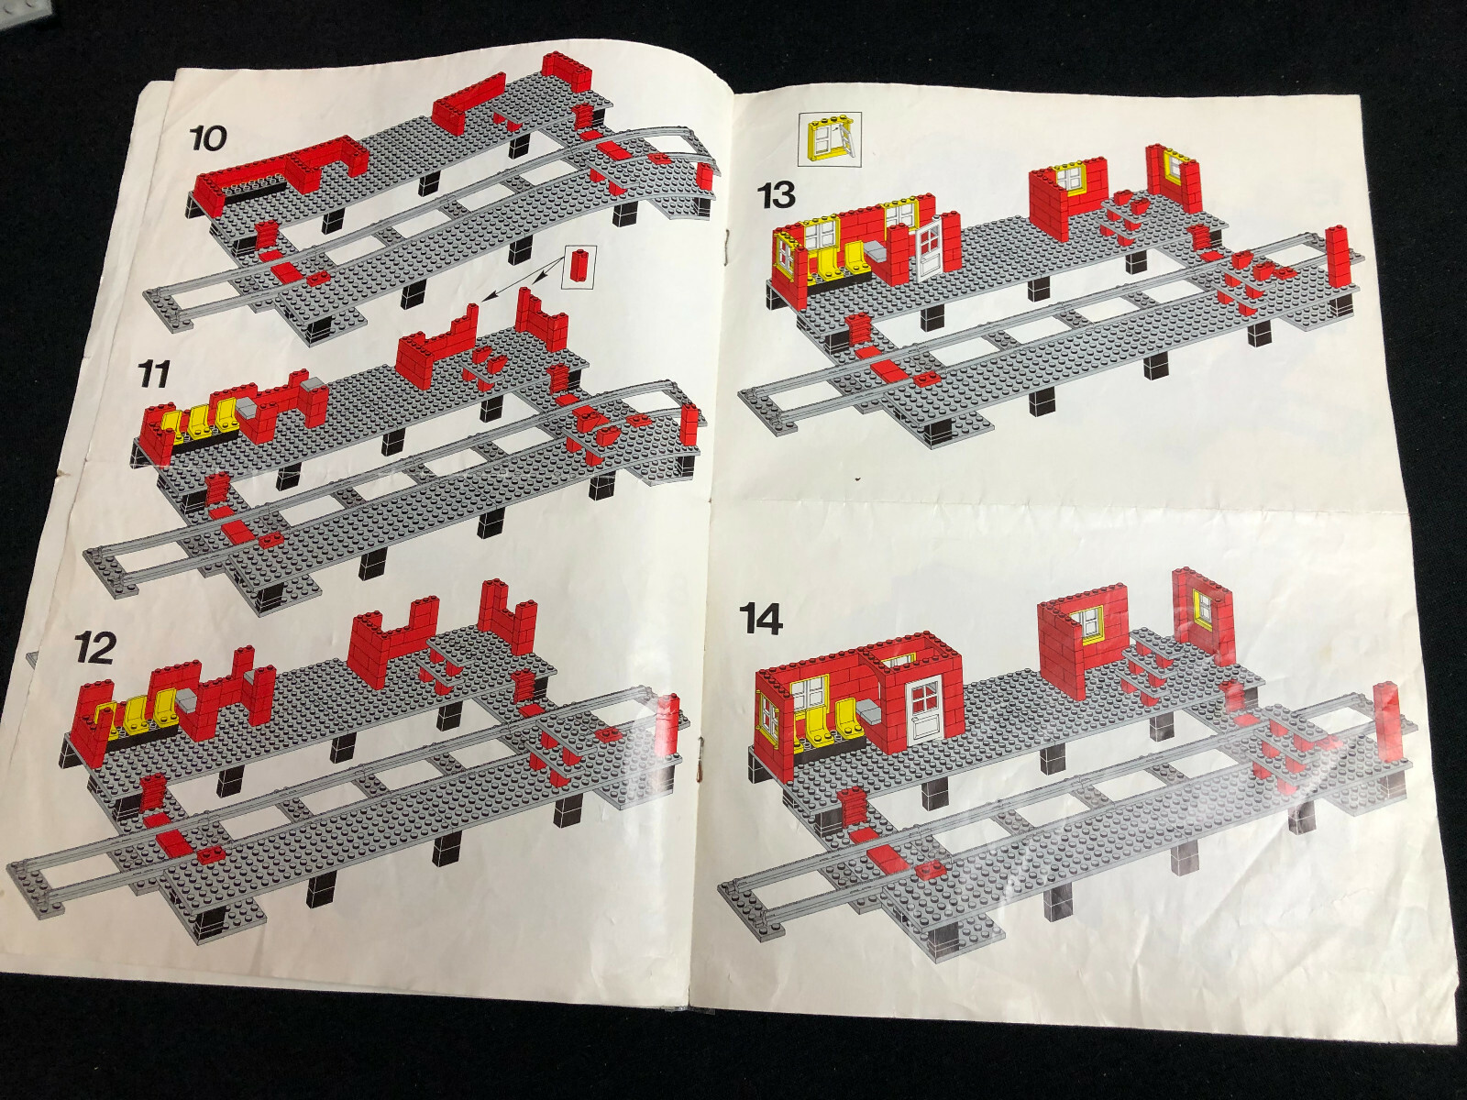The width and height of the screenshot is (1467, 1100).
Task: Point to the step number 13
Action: [777, 196]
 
